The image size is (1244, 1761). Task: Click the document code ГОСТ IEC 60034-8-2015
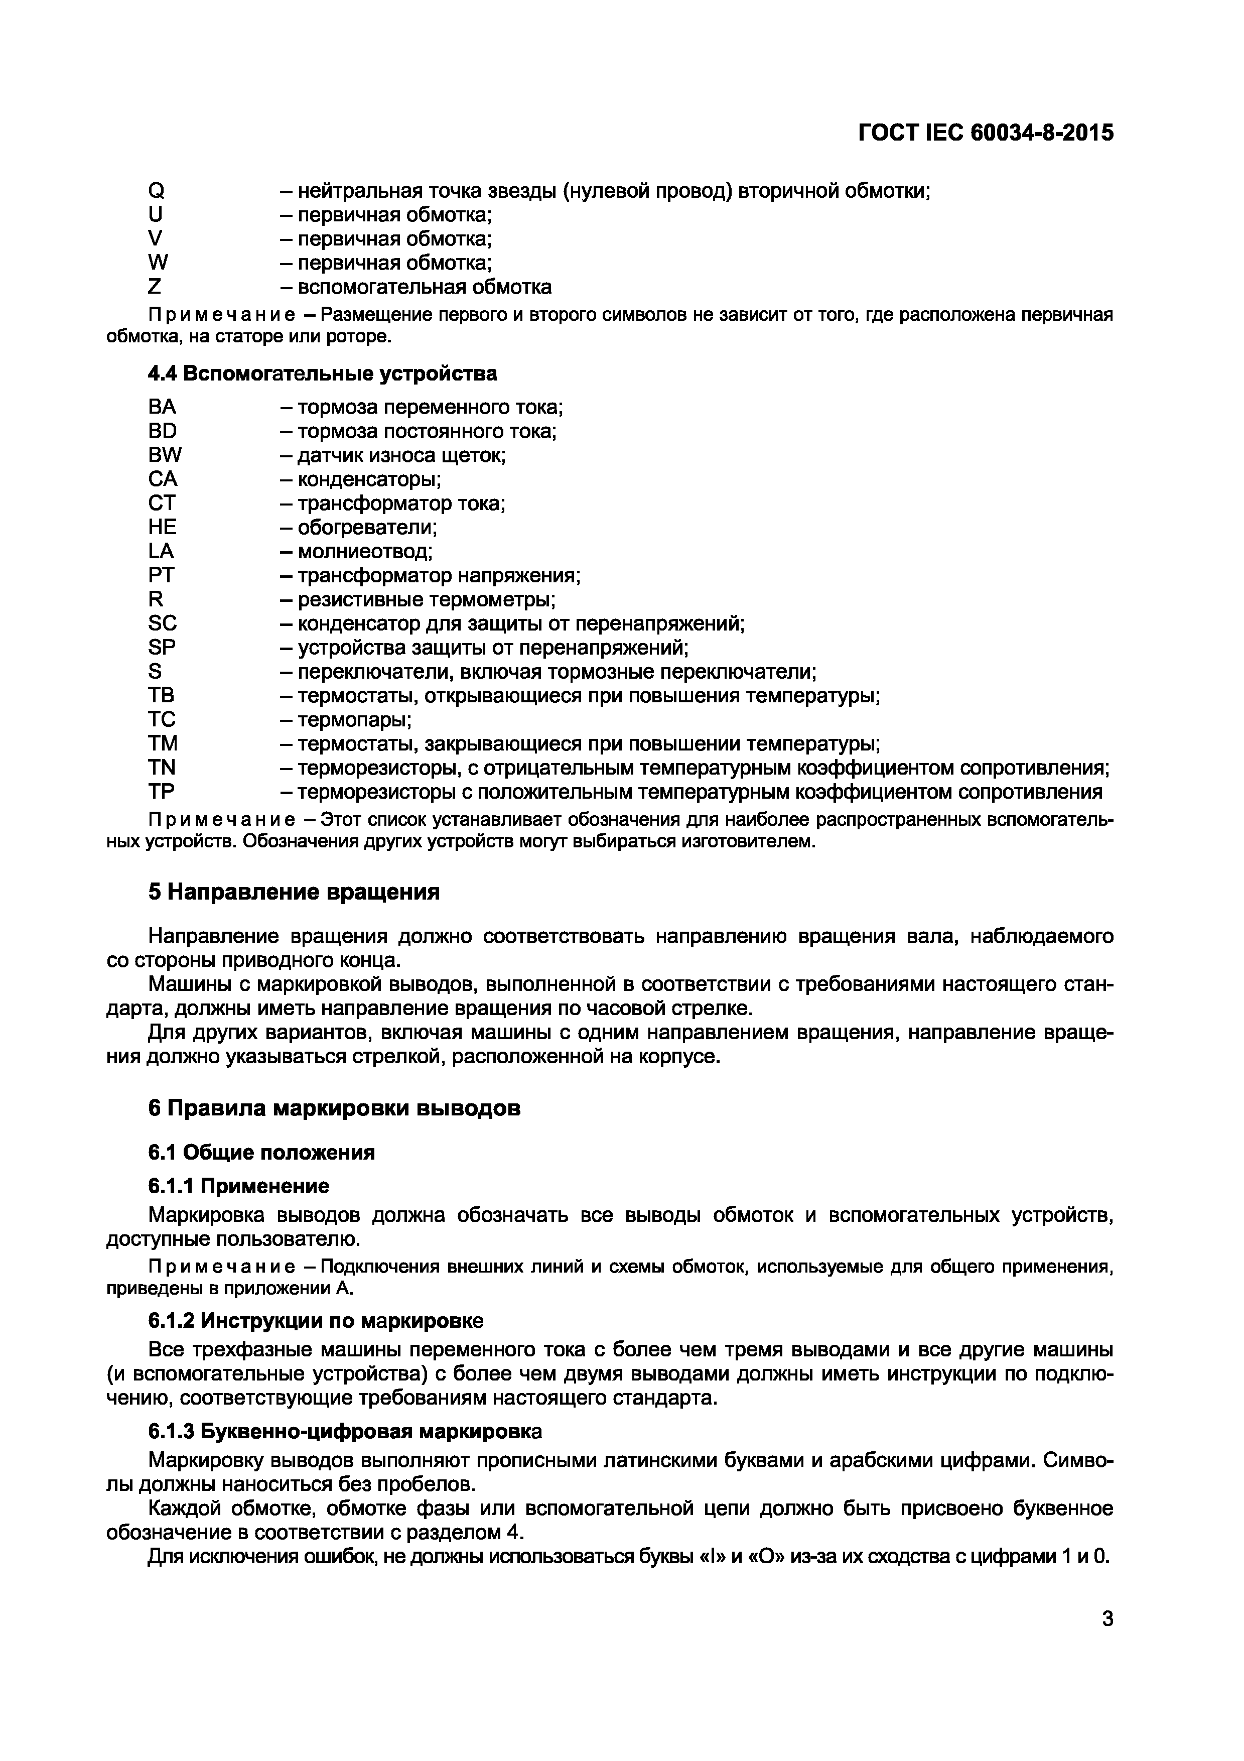pyautogui.click(x=985, y=134)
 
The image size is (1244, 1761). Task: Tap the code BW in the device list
pyautogui.click(x=165, y=455)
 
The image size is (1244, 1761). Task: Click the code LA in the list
pyautogui.click(x=161, y=551)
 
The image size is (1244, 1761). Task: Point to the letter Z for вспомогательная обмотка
pyautogui.click(x=155, y=287)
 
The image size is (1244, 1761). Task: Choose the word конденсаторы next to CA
pyautogui.click(x=369, y=479)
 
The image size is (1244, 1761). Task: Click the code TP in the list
pyautogui.click(x=161, y=792)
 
